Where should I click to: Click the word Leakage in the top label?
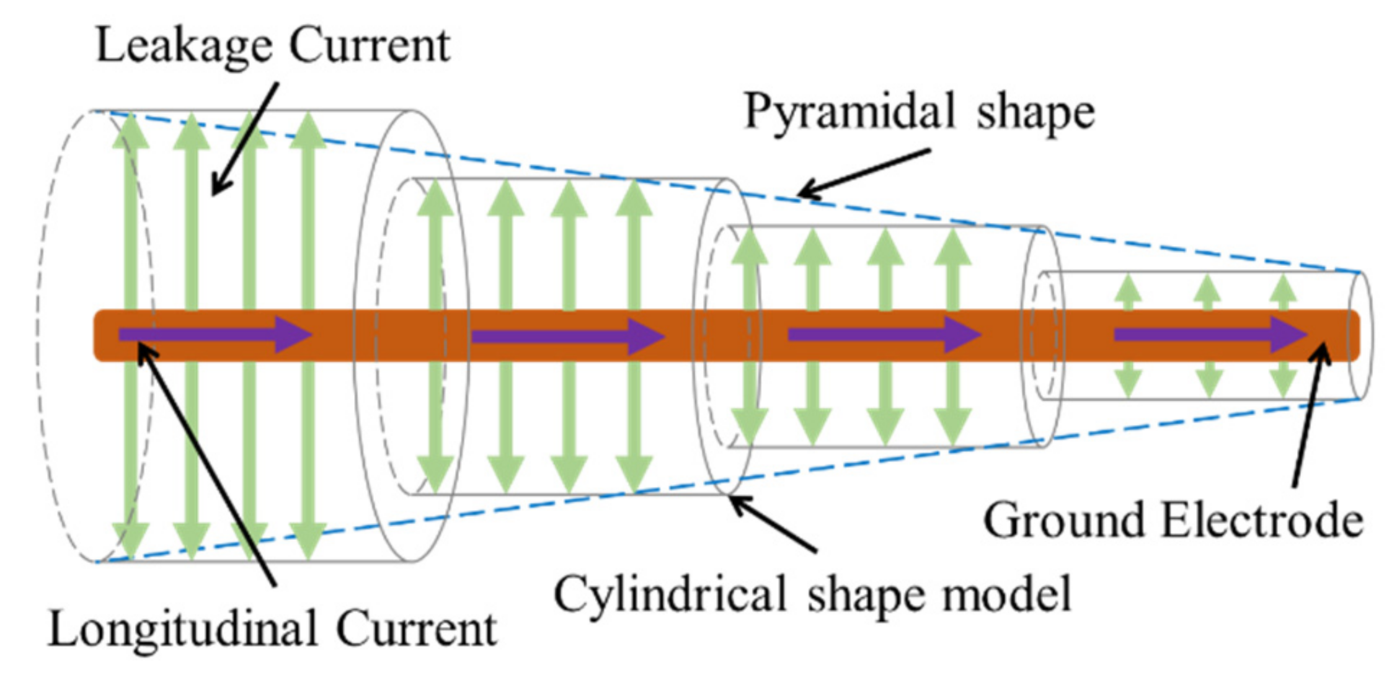pyautogui.click(x=184, y=46)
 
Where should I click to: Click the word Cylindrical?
pyautogui.click(x=669, y=595)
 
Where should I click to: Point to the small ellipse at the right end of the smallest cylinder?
pyautogui.click(x=1360, y=335)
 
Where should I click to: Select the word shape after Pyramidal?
pyautogui.click(x=1035, y=113)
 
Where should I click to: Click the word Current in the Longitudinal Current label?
pyautogui.click(x=416, y=629)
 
